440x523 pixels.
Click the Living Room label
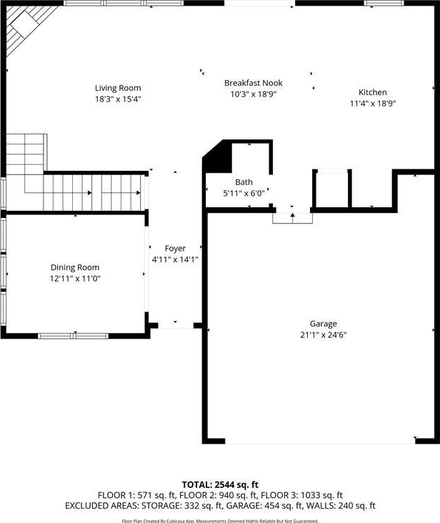pos(118,88)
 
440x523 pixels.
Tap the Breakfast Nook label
pos(254,83)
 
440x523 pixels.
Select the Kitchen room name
pos(373,92)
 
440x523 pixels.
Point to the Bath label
pos(244,182)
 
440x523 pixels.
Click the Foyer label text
pos(175,249)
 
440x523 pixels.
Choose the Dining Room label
pos(75,267)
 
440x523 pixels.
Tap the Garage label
pos(324,324)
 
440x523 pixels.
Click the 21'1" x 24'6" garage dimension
pos(324,335)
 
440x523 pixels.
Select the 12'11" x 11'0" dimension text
pos(75,279)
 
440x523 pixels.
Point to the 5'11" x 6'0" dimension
pos(244,193)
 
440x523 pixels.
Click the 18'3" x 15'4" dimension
pos(118,99)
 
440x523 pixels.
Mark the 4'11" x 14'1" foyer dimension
pos(175,259)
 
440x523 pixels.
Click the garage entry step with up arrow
pos(293,218)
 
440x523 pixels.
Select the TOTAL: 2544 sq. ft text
pos(220,484)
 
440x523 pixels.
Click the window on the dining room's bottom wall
pos(74,336)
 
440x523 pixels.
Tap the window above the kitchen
pos(384,3)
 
